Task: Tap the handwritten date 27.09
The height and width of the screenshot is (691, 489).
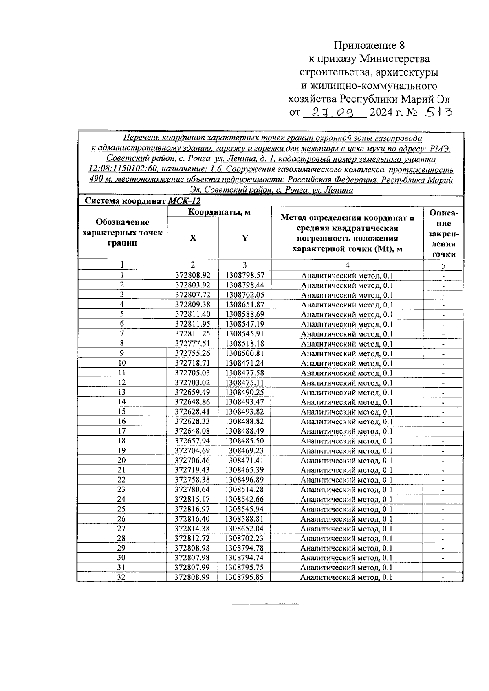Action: tap(334, 112)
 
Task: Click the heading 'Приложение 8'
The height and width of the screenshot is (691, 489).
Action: tap(370, 45)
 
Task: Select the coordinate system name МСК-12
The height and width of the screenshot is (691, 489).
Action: tap(184, 201)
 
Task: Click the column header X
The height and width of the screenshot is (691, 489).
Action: tap(193, 238)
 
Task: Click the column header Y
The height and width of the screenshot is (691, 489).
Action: tap(244, 238)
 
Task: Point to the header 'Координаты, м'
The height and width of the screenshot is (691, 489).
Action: tap(219, 212)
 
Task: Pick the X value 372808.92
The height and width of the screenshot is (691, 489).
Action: tap(193, 276)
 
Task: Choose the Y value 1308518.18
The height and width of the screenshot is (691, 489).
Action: tap(244, 344)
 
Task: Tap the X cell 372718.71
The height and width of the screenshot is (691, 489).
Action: tap(193, 363)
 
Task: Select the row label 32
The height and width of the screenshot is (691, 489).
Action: tap(121, 577)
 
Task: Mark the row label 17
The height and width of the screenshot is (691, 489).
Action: tap(121, 431)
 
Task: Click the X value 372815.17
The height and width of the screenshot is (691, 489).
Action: tap(192, 500)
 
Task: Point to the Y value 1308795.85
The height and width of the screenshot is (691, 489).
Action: tap(244, 577)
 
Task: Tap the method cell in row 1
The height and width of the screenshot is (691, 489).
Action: tap(347, 276)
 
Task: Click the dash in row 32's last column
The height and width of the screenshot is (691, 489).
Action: tap(443, 578)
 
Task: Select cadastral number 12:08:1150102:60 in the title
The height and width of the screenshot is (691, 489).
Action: tap(121, 169)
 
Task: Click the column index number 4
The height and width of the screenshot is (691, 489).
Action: tap(347, 265)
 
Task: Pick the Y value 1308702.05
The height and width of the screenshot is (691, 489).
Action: tap(244, 295)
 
